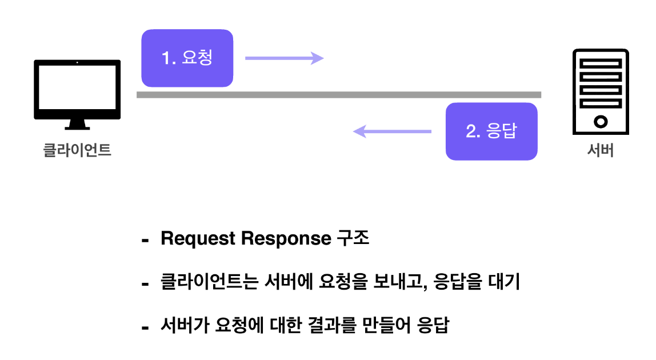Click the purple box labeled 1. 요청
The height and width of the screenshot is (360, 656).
click(187, 58)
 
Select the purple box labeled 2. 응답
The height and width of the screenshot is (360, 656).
click(491, 131)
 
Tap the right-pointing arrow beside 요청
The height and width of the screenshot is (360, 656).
click(284, 58)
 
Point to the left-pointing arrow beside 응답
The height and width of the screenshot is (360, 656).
click(392, 131)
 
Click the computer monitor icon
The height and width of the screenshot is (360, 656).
click(77, 89)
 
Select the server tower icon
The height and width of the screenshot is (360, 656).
click(601, 91)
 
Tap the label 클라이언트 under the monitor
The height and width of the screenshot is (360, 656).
click(77, 151)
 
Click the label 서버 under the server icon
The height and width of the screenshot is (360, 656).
click(601, 151)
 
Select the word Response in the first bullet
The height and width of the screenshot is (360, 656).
click(283, 239)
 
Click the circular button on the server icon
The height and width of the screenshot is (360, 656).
click(601, 121)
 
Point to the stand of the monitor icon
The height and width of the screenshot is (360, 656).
click(77, 124)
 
